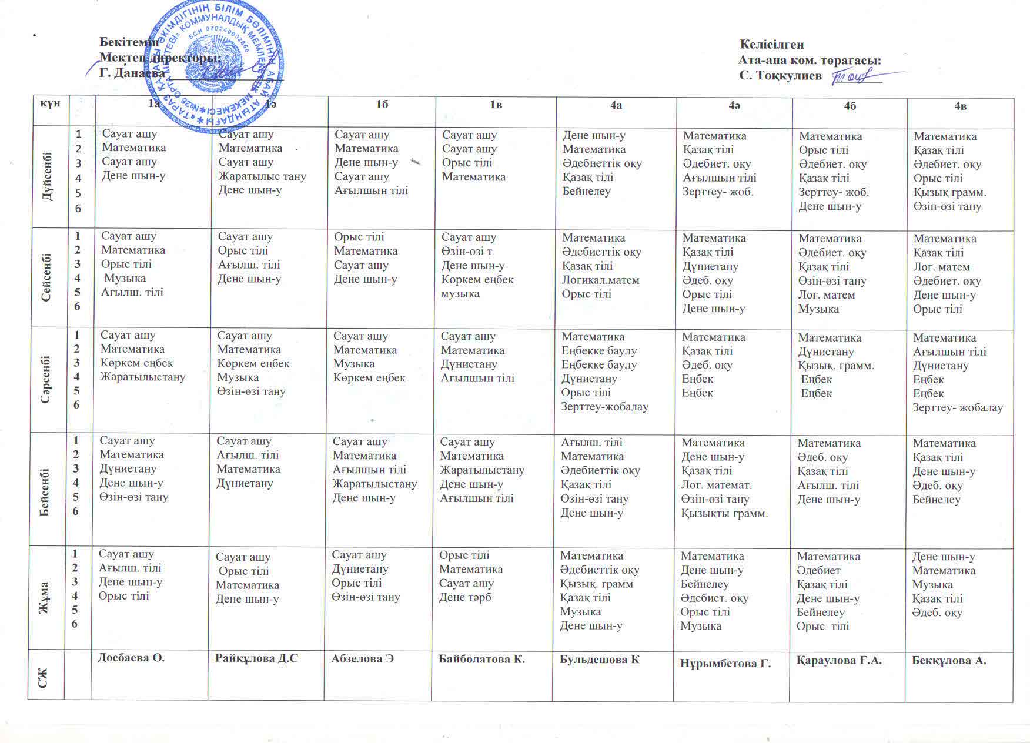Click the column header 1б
[x=382, y=105]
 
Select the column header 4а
[x=616, y=105]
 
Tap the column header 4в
[x=961, y=106]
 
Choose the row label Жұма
[x=44, y=597]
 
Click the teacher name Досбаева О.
[x=131, y=658]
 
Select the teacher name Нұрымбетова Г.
[x=725, y=663]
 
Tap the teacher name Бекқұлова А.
[x=949, y=660]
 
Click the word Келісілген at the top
[x=771, y=45]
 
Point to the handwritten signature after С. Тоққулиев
[x=856, y=76]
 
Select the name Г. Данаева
[x=132, y=73]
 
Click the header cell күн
[x=51, y=103]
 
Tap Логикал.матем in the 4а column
[x=600, y=280]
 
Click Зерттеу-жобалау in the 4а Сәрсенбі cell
[x=604, y=407]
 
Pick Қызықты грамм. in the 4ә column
[x=724, y=513]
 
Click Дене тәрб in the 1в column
[x=465, y=597]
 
